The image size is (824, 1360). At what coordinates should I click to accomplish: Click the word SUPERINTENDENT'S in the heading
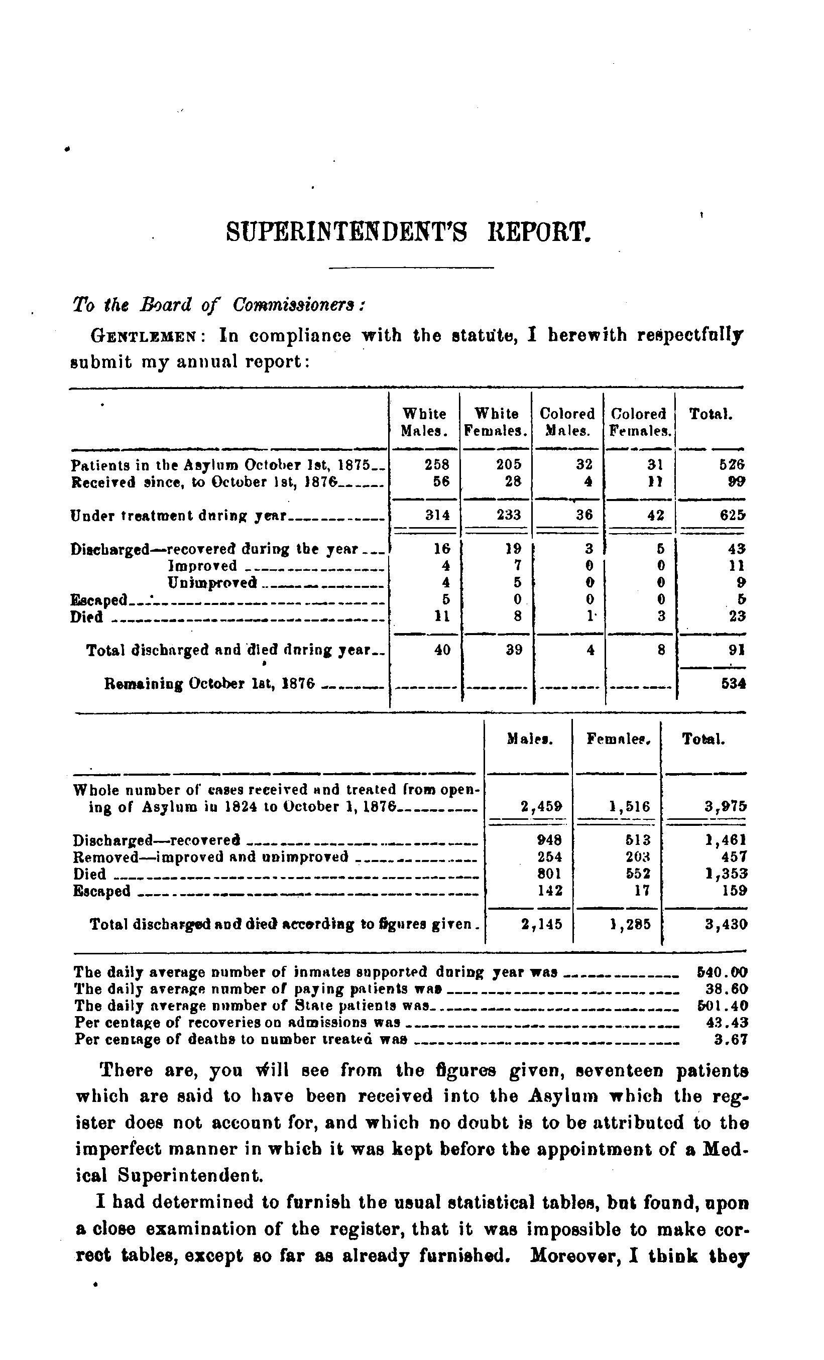(x=346, y=232)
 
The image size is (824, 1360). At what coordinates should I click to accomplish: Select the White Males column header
(x=424, y=422)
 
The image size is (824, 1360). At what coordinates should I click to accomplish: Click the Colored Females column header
(x=640, y=422)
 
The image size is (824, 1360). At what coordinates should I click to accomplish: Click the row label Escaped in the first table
(x=99, y=599)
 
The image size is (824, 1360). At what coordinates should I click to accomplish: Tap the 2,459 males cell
(x=541, y=806)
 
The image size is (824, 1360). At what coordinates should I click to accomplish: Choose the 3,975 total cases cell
(x=725, y=806)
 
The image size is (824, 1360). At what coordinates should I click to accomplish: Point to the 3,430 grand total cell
(x=726, y=924)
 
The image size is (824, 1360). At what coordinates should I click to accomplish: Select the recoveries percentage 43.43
(x=727, y=1022)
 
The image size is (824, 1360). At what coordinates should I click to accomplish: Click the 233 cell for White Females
(x=508, y=516)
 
